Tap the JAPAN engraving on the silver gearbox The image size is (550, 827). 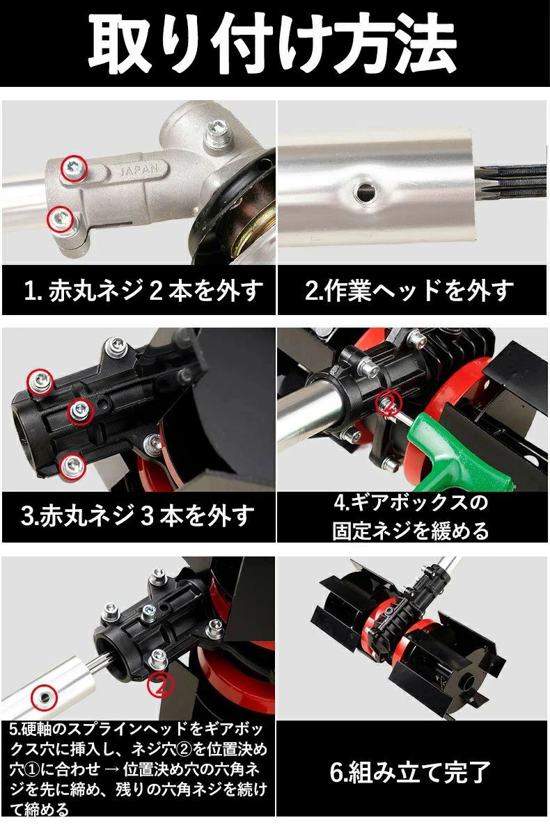pos(136,170)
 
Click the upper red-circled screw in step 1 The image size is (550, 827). pos(73,168)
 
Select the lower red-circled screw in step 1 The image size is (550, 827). pos(60,218)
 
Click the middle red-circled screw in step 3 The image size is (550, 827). pos(80,411)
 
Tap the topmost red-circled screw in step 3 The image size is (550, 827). pos(40,381)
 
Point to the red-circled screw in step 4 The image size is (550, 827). pos(388,403)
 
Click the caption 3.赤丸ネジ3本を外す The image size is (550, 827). pos(138,516)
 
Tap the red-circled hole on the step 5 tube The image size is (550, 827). pos(45,698)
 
